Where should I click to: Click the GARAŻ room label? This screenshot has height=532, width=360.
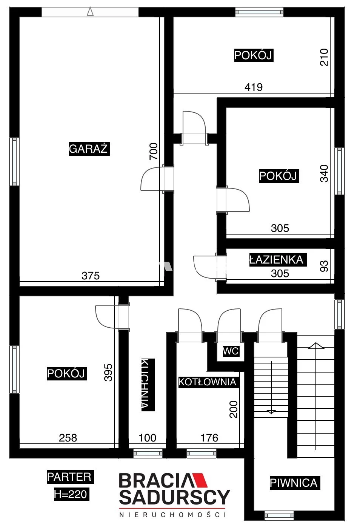[89, 149]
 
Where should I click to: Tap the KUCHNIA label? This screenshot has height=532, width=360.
[148, 385]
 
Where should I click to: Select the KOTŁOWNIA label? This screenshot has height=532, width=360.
[208, 382]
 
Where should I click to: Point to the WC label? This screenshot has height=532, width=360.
[231, 351]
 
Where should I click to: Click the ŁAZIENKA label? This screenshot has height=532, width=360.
[277, 259]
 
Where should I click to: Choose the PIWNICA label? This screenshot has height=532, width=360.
[295, 483]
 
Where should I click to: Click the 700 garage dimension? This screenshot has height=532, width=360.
[154, 152]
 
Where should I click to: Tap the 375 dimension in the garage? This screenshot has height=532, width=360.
[91, 276]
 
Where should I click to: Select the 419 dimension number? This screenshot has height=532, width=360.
[254, 87]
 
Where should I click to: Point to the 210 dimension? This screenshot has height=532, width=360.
[324, 57]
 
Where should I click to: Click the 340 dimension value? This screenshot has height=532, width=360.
[324, 173]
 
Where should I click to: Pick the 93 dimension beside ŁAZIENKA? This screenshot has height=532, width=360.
[324, 266]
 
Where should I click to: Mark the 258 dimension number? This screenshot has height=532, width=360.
[68, 438]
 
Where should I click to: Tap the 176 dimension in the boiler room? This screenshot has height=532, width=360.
[209, 438]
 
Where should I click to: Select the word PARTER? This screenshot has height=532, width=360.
[70, 477]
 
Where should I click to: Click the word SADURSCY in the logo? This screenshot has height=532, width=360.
[175, 497]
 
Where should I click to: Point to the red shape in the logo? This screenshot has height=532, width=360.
[199, 480]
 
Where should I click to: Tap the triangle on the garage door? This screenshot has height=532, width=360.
[90, 12]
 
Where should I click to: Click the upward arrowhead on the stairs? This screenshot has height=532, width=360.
[316, 346]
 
